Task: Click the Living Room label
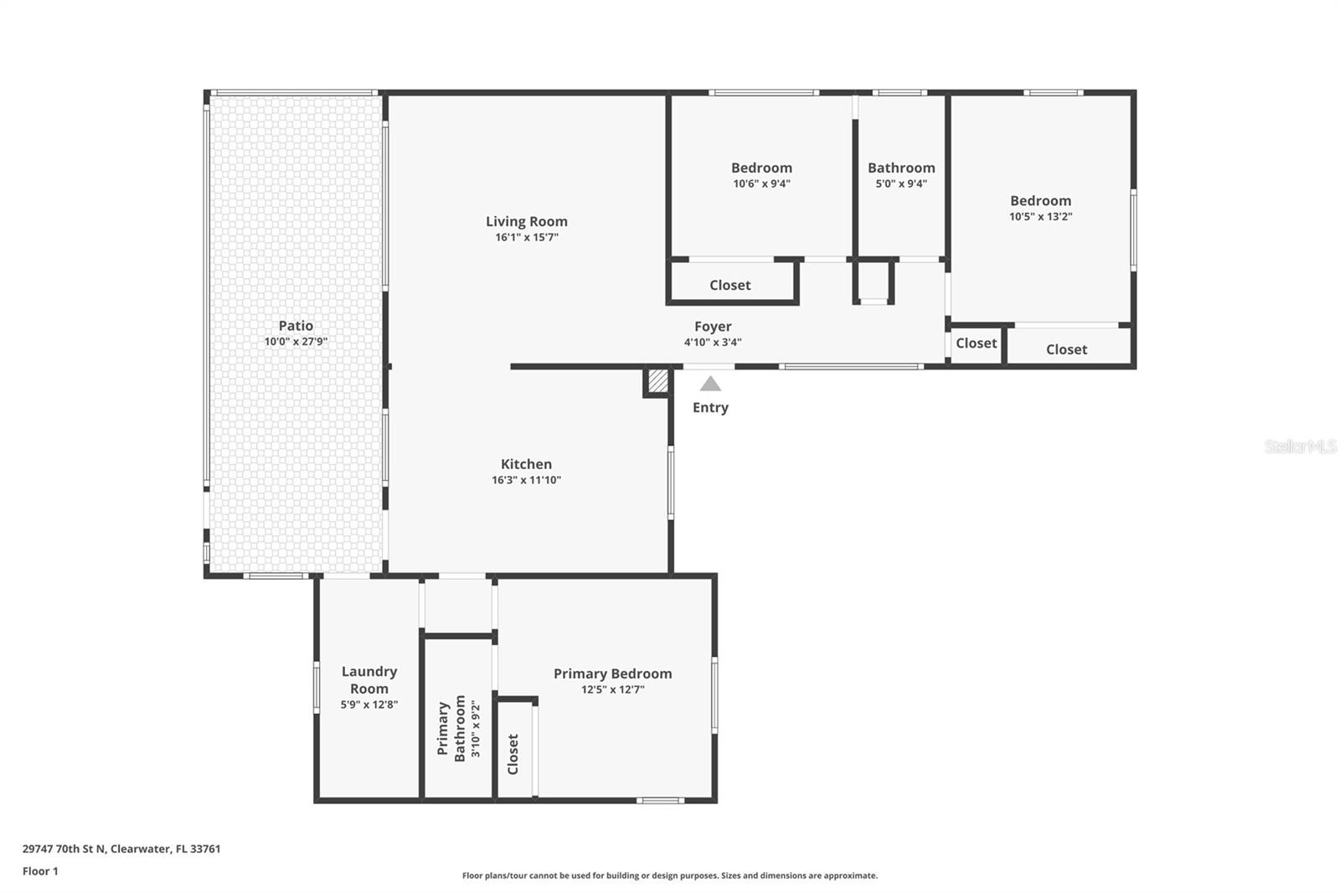pos(526,221)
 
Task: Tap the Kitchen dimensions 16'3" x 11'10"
pos(526,480)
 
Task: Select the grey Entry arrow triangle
pos(710,384)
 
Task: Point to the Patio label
pos(296,326)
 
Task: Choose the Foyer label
pos(713,327)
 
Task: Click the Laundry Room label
pos(369,679)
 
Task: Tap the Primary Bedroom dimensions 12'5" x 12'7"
pos(612,689)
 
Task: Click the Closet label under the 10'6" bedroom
pos(729,285)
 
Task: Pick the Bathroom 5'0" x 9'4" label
pos(901,168)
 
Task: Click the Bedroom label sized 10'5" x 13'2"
pos(1040,200)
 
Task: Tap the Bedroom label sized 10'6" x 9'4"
pos(761,168)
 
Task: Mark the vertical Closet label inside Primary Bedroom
pos(513,754)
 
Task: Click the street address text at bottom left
pos(121,849)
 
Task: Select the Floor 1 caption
pos(40,871)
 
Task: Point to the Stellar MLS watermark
pos(1300,446)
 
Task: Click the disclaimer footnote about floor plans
pos(669,875)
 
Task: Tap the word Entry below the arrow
pos(710,407)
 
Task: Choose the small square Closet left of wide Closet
pos(976,343)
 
